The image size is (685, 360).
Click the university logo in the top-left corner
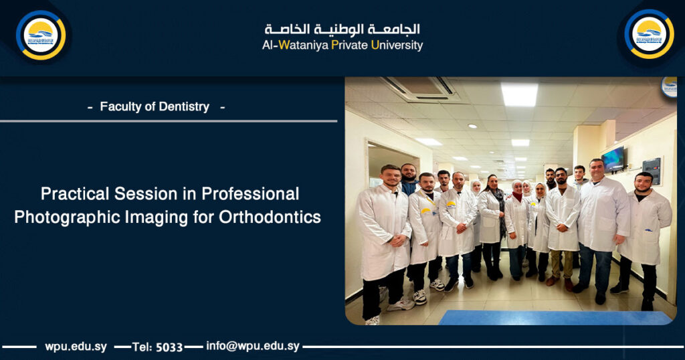[41, 35]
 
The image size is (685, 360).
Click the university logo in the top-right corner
[649, 35]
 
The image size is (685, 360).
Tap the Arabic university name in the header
[342, 29]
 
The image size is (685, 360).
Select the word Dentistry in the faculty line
[182, 106]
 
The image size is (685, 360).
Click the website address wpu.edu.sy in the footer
[76, 347]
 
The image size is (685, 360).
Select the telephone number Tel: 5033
[157, 347]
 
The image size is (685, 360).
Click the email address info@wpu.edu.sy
[253, 347]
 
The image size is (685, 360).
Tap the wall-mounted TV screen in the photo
[613, 159]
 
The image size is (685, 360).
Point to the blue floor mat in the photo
[555, 317]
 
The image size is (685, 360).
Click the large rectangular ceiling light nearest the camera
[519, 94]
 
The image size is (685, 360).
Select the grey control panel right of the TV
[651, 171]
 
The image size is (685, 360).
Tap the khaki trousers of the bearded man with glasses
[561, 264]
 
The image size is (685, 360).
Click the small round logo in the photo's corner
[669, 86]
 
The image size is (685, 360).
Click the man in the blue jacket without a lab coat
[409, 179]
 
